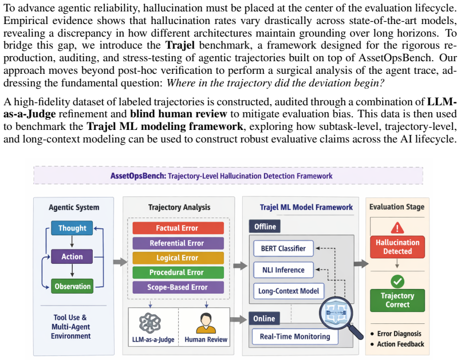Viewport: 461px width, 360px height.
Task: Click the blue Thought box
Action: (72, 228)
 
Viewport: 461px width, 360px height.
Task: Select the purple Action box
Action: (72, 256)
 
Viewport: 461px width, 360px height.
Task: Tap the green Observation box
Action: (72, 286)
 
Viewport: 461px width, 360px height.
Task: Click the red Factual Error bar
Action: (178, 228)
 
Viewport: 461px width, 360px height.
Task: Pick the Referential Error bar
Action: (178, 243)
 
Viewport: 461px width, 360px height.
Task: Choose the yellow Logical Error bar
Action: (178, 258)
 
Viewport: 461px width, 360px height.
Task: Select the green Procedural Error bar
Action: (178, 272)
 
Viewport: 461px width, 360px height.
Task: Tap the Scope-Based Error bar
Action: (178, 287)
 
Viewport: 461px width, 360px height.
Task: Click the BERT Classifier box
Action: (283, 248)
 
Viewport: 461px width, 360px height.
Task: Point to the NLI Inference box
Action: (283, 270)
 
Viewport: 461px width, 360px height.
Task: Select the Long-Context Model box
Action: (289, 291)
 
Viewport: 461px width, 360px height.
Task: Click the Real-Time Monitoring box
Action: (295, 337)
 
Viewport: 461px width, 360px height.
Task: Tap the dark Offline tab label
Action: (265, 227)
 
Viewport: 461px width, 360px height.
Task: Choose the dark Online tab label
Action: (265, 319)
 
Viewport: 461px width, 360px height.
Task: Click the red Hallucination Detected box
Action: (397, 247)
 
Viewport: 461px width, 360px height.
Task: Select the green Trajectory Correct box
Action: (397, 300)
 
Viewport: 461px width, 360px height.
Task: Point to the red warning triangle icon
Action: (397, 227)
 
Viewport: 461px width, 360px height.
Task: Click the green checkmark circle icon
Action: (397, 282)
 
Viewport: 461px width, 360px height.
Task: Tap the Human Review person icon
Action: (206, 323)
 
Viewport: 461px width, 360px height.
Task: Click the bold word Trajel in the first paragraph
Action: (180, 45)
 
